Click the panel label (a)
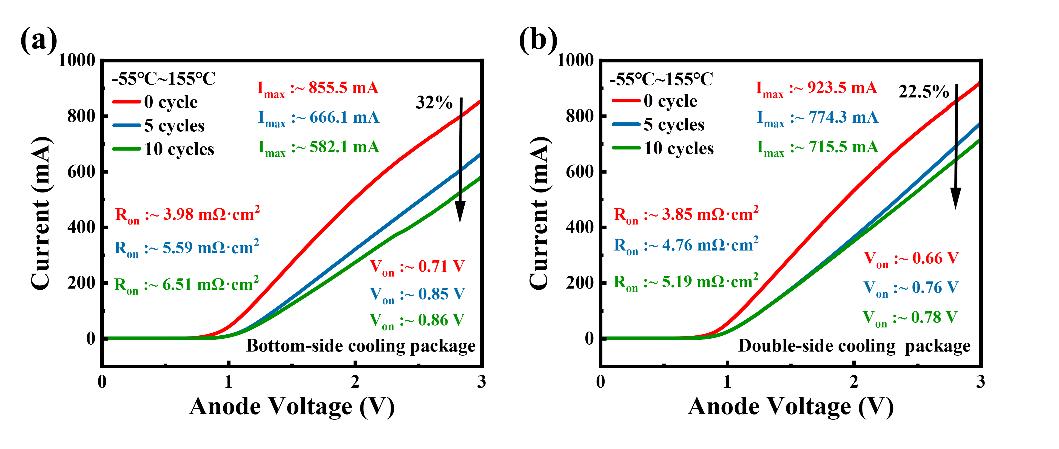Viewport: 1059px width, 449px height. pos(39,40)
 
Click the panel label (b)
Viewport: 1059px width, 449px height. pos(538,40)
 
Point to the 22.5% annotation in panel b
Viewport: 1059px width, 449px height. pos(923,91)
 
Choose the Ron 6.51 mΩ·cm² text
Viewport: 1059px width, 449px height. pos(186,284)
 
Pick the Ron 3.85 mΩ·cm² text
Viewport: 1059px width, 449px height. pos(686,214)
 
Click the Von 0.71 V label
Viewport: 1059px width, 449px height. pos(417,267)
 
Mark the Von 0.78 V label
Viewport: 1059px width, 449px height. pos(910,318)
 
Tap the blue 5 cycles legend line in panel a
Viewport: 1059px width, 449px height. pos(127,125)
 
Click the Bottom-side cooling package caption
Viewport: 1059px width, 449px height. pos(361,346)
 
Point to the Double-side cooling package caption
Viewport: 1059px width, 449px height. pos(854,346)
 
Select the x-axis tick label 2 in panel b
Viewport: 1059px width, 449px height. pos(854,382)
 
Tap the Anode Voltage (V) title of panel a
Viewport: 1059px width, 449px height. pos(292,407)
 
